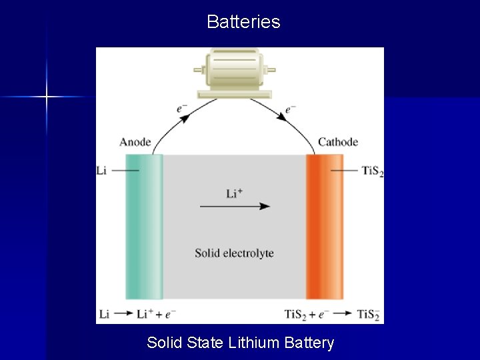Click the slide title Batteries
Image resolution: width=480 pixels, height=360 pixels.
[x=243, y=22]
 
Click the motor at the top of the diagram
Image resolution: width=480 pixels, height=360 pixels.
[x=234, y=71]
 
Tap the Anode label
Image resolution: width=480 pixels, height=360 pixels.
[x=135, y=142]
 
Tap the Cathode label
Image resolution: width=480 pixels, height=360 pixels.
[x=337, y=142]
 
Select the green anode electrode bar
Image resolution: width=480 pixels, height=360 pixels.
[x=143, y=227]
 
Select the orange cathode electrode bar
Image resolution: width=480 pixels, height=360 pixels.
[x=324, y=227]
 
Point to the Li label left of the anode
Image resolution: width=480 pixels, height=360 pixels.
[x=101, y=171]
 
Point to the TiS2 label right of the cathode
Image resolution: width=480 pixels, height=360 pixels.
[x=373, y=171]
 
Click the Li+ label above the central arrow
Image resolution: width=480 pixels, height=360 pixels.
[x=234, y=193]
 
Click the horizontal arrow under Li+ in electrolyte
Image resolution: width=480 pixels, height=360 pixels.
[x=235, y=207]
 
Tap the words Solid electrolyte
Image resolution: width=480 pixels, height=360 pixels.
[x=234, y=253]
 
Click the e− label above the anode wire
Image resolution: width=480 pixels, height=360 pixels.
[x=183, y=109]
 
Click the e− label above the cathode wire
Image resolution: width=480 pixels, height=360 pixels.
[x=291, y=109]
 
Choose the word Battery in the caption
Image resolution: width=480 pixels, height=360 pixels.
[x=309, y=343]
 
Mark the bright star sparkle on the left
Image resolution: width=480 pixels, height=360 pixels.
[x=47, y=97]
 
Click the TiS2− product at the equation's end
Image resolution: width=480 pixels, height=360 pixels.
[x=369, y=315]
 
